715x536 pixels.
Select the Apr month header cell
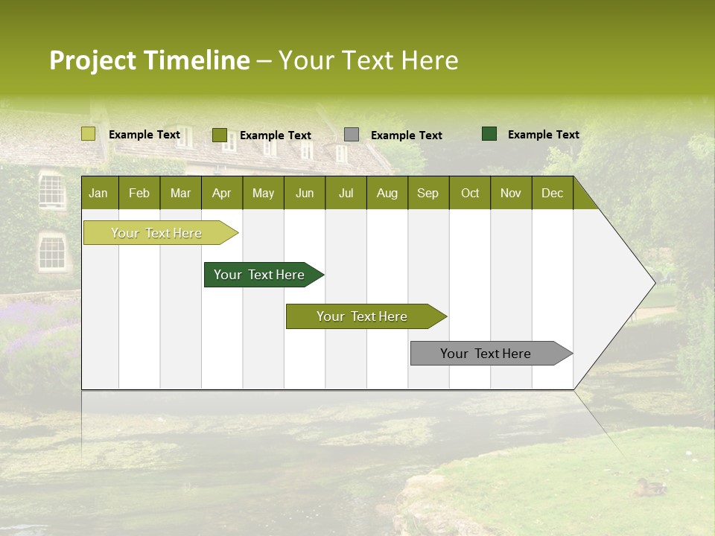tap(222, 193)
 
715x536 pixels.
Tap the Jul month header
tap(346, 193)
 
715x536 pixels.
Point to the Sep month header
tap(428, 193)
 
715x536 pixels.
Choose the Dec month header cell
tap(552, 193)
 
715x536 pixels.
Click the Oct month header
tap(470, 193)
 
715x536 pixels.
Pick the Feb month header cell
tap(139, 193)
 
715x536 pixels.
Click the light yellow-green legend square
tap(89, 134)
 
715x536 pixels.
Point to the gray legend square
tap(352, 135)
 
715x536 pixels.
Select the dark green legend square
tap(489, 134)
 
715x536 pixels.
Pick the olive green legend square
tap(220, 135)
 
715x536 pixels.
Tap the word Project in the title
tap(92, 60)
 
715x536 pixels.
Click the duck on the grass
tap(650, 488)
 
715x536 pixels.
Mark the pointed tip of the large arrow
tap(654, 283)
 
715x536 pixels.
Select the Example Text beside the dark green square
tap(543, 135)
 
